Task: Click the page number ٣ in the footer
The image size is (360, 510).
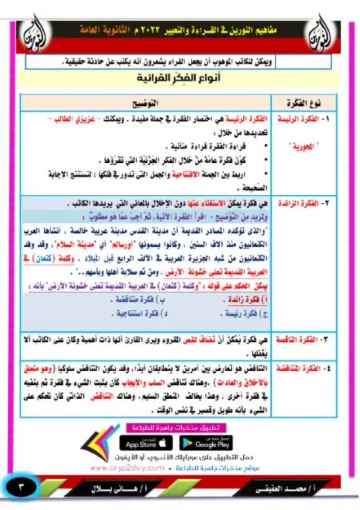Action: [22, 487]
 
